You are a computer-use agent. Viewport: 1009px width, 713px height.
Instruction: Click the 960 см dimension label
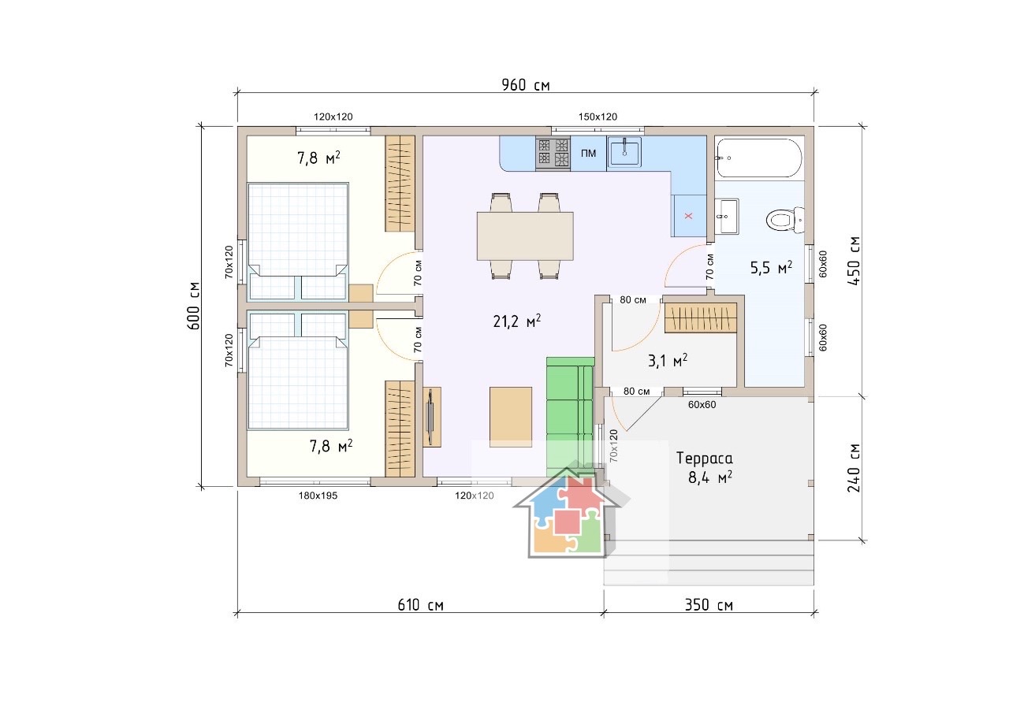(x=526, y=84)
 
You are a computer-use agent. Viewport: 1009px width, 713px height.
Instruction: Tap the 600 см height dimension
(x=194, y=306)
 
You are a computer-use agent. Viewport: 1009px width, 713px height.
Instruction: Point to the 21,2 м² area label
(x=517, y=321)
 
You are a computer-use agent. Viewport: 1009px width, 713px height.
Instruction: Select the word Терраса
(x=705, y=459)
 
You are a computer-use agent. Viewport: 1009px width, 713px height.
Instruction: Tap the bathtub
(x=759, y=158)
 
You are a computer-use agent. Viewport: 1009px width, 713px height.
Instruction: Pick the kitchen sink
(x=624, y=152)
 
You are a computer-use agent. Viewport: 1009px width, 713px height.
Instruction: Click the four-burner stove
(x=553, y=153)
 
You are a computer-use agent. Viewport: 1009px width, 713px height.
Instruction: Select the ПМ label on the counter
(x=588, y=153)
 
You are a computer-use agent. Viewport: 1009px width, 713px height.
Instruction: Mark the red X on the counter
(x=688, y=216)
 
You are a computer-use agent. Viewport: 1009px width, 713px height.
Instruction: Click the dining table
(x=525, y=236)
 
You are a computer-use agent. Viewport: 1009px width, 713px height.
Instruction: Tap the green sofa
(x=571, y=417)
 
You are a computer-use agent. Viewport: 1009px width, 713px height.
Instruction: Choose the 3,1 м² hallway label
(x=668, y=361)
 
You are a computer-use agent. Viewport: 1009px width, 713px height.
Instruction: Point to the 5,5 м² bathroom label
(x=771, y=268)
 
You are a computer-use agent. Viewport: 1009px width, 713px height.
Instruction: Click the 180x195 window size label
(x=318, y=496)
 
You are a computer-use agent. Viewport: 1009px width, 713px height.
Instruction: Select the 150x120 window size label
(x=598, y=117)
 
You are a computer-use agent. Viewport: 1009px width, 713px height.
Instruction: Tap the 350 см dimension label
(x=709, y=605)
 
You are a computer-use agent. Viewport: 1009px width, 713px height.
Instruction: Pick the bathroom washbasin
(x=727, y=216)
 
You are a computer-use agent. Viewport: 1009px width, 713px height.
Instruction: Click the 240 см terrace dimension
(x=854, y=468)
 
